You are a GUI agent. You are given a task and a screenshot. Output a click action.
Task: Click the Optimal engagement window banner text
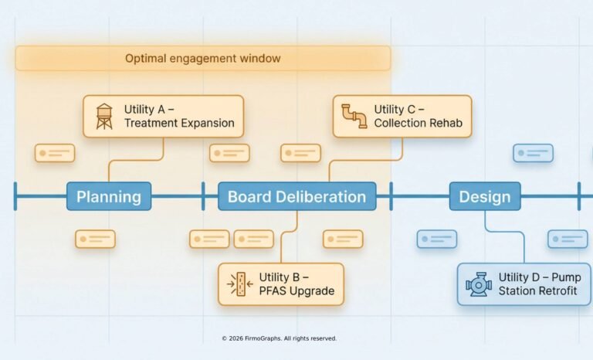click(203, 59)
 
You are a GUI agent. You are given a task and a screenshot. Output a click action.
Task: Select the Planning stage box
click(109, 196)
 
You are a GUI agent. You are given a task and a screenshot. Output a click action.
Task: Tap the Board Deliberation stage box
click(297, 196)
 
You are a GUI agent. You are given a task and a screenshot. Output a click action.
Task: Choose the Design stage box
click(485, 196)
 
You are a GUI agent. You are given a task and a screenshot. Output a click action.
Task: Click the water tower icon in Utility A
click(103, 117)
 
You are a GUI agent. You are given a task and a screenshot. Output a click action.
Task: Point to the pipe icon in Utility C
click(354, 117)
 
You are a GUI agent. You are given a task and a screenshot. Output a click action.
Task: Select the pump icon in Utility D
click(479, 284)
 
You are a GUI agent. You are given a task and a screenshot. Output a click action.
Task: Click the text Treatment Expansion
click(179, 124)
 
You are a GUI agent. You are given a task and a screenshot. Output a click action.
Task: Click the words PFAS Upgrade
click(296, 291)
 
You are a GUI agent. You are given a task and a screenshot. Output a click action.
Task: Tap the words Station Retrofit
click(539, 291)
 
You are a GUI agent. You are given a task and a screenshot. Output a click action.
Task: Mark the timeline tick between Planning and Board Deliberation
click(203, 196)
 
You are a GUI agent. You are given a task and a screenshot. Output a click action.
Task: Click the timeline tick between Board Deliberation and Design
click(391, 196)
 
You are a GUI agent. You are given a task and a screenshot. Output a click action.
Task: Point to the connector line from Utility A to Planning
click(136, 161)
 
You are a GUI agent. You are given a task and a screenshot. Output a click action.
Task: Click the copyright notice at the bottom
click(279, 338)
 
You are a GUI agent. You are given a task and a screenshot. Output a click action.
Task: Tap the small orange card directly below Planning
click(95, 239)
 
